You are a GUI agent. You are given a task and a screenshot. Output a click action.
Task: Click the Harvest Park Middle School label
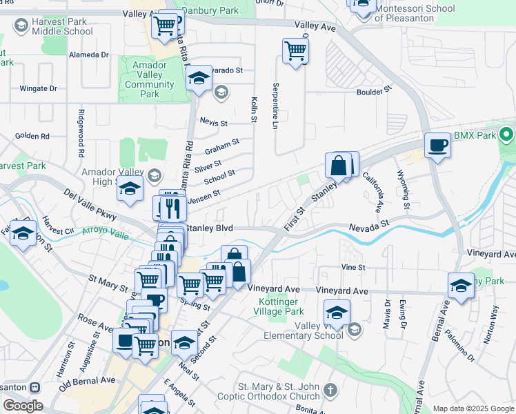[x=62, y=26]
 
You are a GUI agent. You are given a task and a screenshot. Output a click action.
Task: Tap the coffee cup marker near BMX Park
[x=437, y=146]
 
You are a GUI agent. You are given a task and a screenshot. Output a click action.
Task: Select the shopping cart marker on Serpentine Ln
[x=295, y=51]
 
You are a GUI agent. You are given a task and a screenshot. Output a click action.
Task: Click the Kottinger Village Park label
[x=280, y=306]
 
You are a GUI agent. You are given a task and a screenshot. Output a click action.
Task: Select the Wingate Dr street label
[x=38, y=88]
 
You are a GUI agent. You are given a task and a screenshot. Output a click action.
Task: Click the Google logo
[x=22, y=406]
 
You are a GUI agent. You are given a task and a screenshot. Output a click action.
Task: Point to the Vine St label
[x=353, y=267]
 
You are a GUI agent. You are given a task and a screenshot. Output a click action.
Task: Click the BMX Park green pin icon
[x=508, y=135]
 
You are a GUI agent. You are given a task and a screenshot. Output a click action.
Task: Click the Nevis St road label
[x=213, y=123]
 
